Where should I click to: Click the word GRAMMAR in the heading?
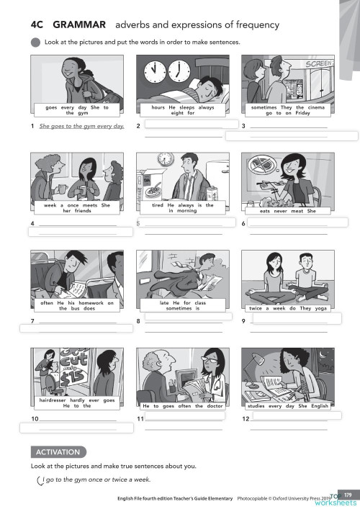tap(73, 26)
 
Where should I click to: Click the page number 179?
tap(348, 494)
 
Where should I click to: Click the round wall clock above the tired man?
tap(166, 157)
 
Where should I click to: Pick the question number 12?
tap(246, 418)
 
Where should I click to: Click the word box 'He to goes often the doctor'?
tap(184, 406)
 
